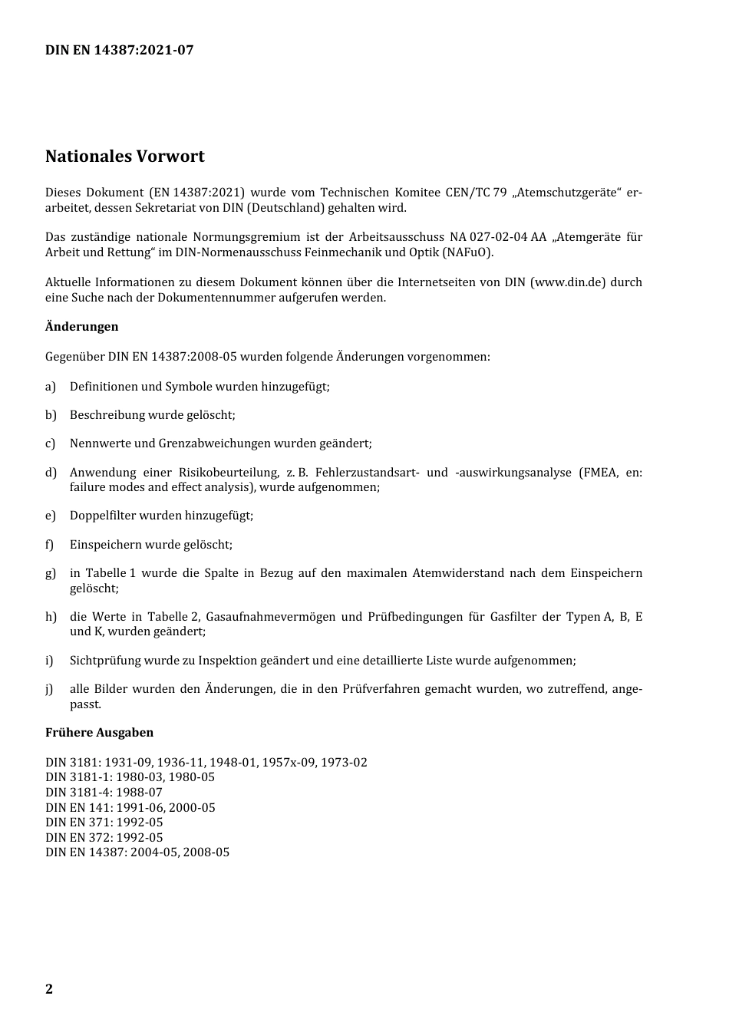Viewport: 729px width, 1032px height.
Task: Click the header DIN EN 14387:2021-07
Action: coord(119,50)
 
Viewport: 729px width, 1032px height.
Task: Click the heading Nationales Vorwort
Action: coord(125,157)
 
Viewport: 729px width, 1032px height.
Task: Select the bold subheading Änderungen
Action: coord(81,327)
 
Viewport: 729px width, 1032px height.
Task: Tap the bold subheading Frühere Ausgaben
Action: coord(99,733)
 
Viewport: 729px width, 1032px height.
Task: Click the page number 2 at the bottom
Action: coord(49,989)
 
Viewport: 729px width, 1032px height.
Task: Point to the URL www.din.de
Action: coord(568,282)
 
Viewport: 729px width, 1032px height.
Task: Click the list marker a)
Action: coord(51,387)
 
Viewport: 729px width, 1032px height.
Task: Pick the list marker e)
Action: coord(51,516)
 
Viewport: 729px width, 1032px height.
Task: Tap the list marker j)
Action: coord(50,689)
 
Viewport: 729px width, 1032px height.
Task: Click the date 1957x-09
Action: coord(289,763)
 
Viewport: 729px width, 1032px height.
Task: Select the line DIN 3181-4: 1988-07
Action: coord(104,793)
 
